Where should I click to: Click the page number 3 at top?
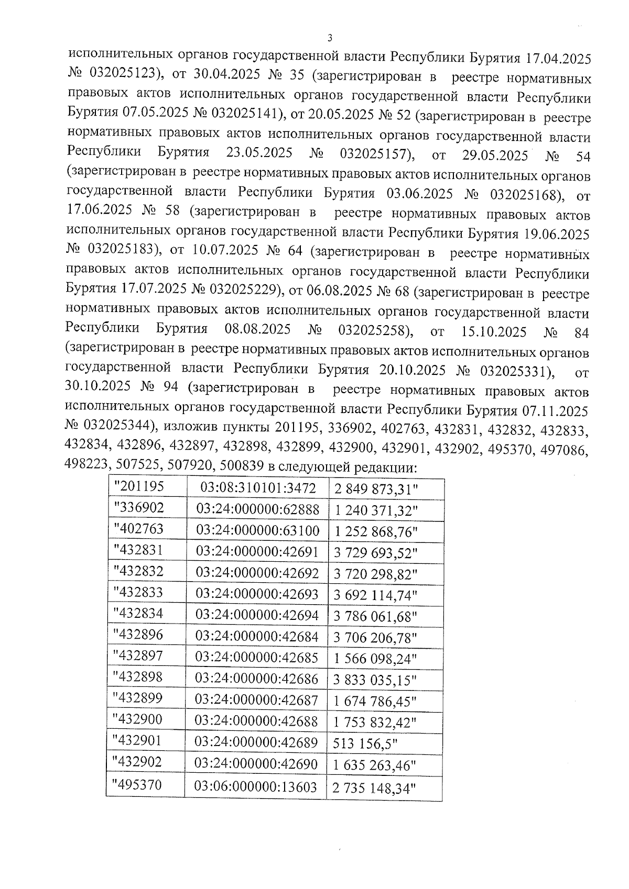[329, 38]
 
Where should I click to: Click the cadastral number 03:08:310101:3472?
[258, 488]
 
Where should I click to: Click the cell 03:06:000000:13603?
[255, 786]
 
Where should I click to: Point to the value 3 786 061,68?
[375, 616]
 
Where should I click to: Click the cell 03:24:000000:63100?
[257, 530]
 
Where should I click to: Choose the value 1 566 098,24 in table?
[374, 659]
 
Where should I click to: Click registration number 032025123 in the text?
[124, 73]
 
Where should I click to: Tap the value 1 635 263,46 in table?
[374, 765]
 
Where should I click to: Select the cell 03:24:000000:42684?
[256, 636]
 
